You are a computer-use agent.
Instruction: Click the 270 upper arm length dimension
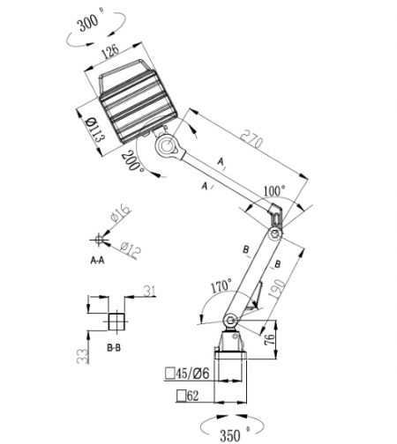(255, 138)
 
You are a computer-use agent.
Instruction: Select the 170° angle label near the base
(220, 287)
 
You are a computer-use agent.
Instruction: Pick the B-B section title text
(113, 349)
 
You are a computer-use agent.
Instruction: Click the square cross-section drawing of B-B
(114, 318)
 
